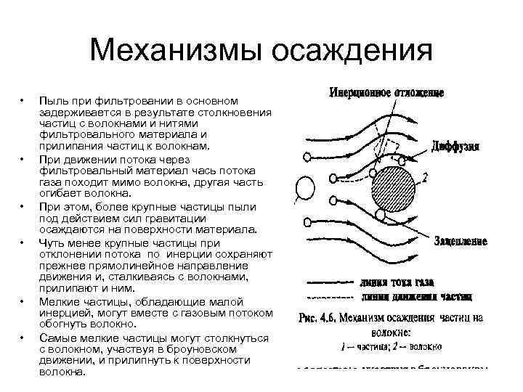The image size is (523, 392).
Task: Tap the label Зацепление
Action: (460, 240)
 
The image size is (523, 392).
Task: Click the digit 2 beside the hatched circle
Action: (423, 176)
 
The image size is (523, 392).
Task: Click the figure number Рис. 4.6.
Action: (320, 317)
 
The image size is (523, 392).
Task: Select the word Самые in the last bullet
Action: (56, 338)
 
